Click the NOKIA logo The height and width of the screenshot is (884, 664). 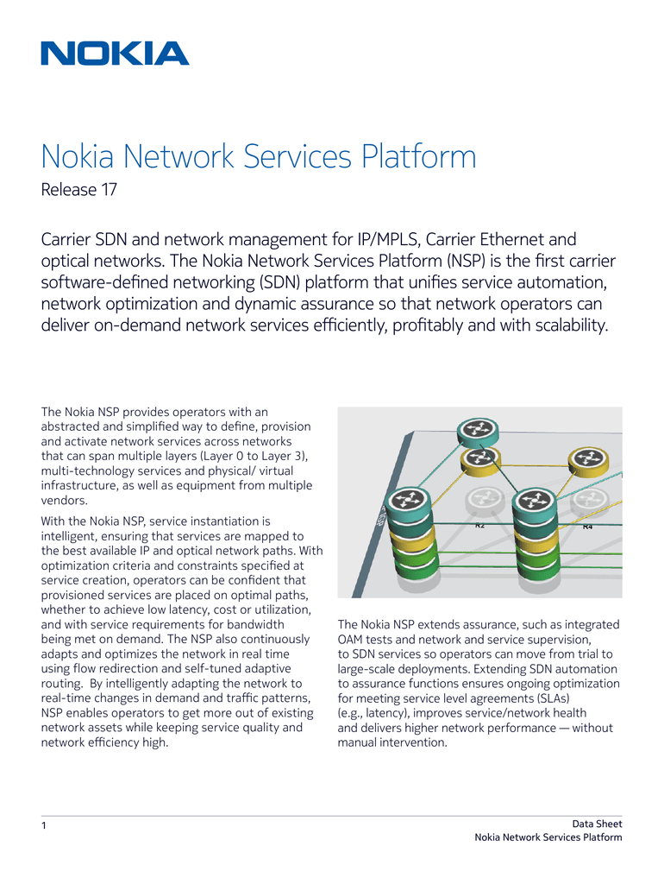coord(115,54)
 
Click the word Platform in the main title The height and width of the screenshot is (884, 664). coord(419,156)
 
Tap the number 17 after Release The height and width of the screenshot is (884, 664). coord(110,189)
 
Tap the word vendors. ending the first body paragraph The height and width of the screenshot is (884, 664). coord(64,500)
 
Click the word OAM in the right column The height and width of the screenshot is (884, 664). coord(350,640)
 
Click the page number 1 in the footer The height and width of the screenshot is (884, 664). coord(44,826)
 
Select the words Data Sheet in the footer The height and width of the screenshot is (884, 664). coord(597,824)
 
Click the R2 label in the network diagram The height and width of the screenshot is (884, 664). coord(479,526)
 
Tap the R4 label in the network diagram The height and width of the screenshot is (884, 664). coord(587,527)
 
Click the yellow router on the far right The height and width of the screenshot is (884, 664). coord(588,461)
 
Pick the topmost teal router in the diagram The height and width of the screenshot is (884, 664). coord(478,432)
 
